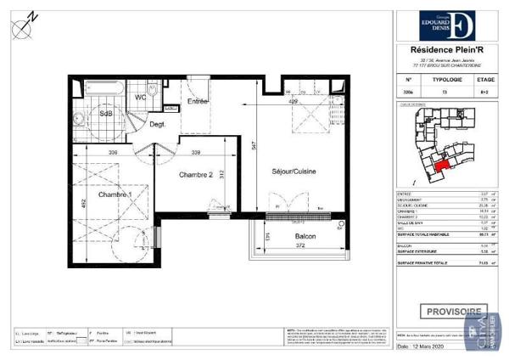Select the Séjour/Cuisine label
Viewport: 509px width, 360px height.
pyautogui.click(x=294, y=172)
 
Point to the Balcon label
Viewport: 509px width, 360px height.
pyautogui.click(x=294, y=236)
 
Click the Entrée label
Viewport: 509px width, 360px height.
pyautogui.click(x=199, y=102)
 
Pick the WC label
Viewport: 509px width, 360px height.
pyautogui.click(x=142, y=97)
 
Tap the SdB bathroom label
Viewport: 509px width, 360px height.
pyautogui.click(x=107, y=113)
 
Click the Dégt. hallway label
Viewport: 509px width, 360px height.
pyautogui.click(x=157, y=125)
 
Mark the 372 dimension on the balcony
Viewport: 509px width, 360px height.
pyautogui.click(x=294, y=245)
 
